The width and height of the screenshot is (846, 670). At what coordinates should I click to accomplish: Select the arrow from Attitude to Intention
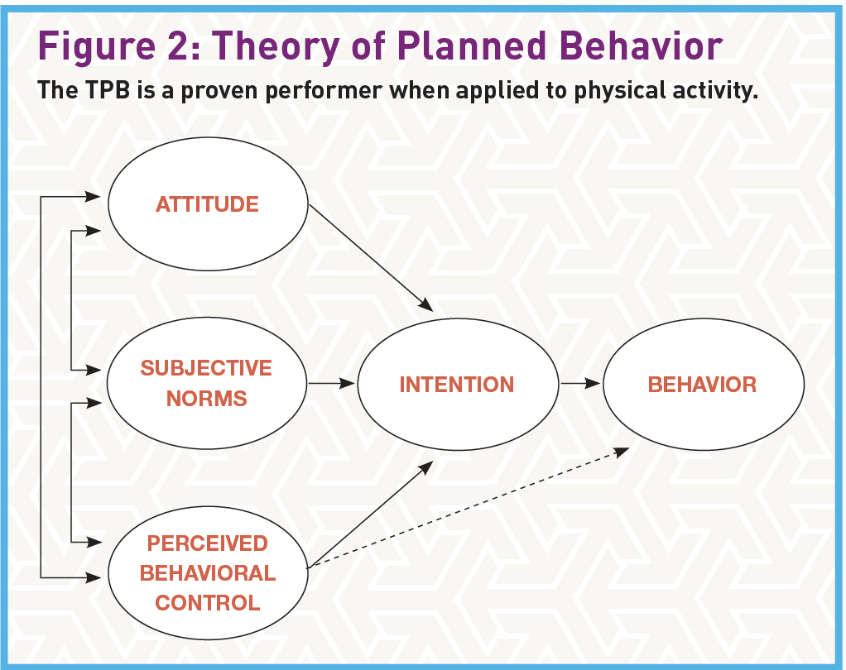coord(370,256)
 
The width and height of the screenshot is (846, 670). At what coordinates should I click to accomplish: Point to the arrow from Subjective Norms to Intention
coord(331,384)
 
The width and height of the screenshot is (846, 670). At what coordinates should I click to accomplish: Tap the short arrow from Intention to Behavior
coord(579,384)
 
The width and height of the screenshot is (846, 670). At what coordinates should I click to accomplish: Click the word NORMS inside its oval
coord(207,399)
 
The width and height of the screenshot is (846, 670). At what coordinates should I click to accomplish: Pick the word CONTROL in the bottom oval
coord(207,603)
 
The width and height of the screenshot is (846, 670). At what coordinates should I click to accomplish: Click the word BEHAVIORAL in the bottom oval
coord(207,573)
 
